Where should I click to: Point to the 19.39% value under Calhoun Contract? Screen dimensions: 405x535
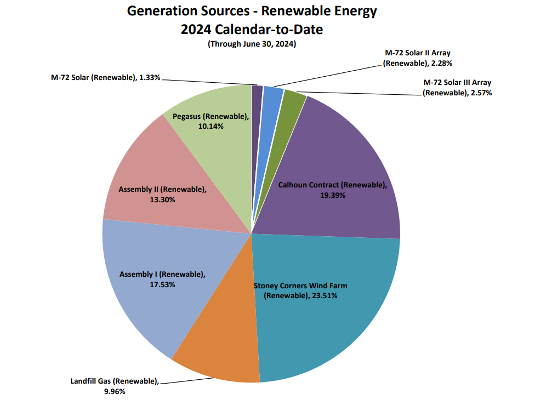pos(332,195)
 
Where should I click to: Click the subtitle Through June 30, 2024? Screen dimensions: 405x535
pos(252,44)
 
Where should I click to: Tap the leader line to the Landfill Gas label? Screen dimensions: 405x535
pos(168,382)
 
